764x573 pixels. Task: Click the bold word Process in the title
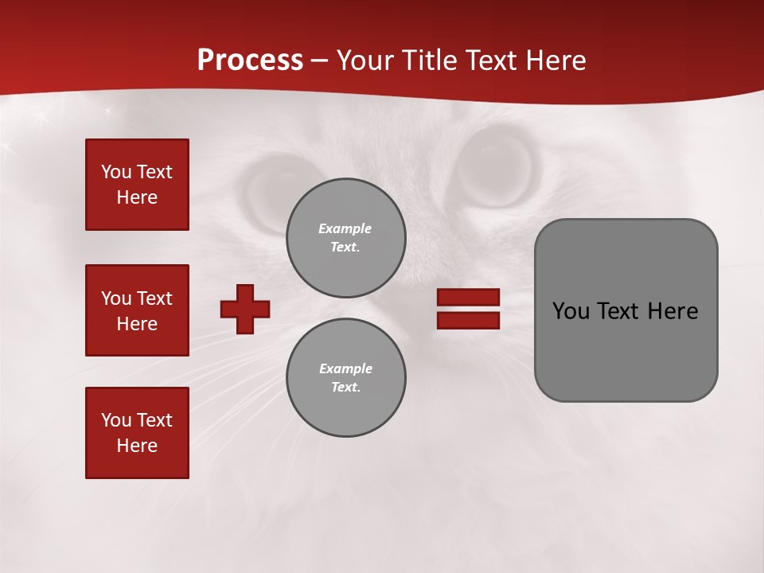[x=250, y=60]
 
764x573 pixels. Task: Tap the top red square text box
[x=137, y=185]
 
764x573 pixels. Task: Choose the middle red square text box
[x=137, y=310]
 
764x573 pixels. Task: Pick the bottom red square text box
[x=137, y=433]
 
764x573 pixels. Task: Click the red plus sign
[x=245, y=309]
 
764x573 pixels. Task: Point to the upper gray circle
[x=346, y=238]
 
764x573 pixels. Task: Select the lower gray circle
[x=346, y=378]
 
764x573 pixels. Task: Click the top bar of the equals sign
[x=468, y=298]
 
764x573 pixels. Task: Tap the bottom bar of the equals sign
[x=468, y=320]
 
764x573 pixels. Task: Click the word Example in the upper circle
[x=345, y=228]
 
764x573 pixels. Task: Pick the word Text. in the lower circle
[x=345, y=388]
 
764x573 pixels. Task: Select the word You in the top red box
[x=115, y=172]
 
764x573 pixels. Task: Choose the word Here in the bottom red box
[x=137, y=446]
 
